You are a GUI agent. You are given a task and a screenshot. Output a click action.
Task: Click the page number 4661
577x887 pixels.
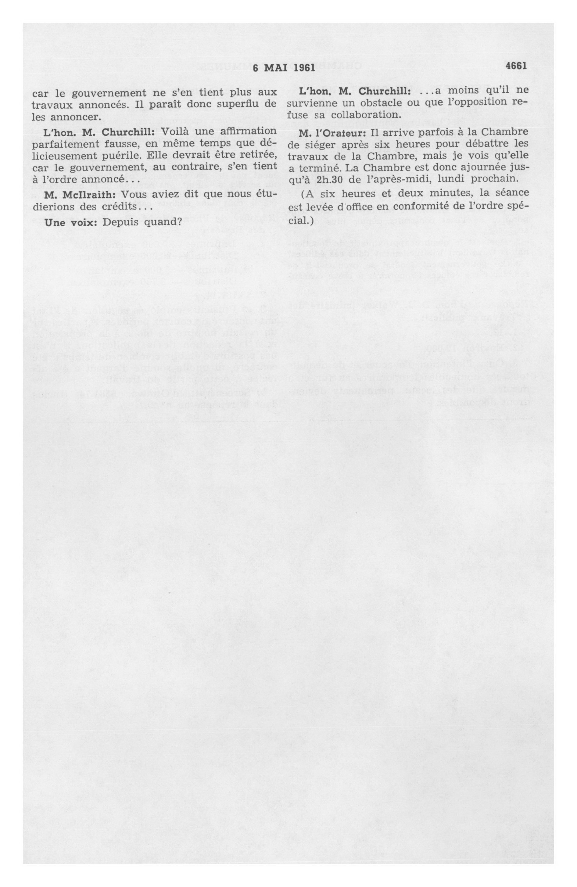pyautogui.click(x=516, y=66)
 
